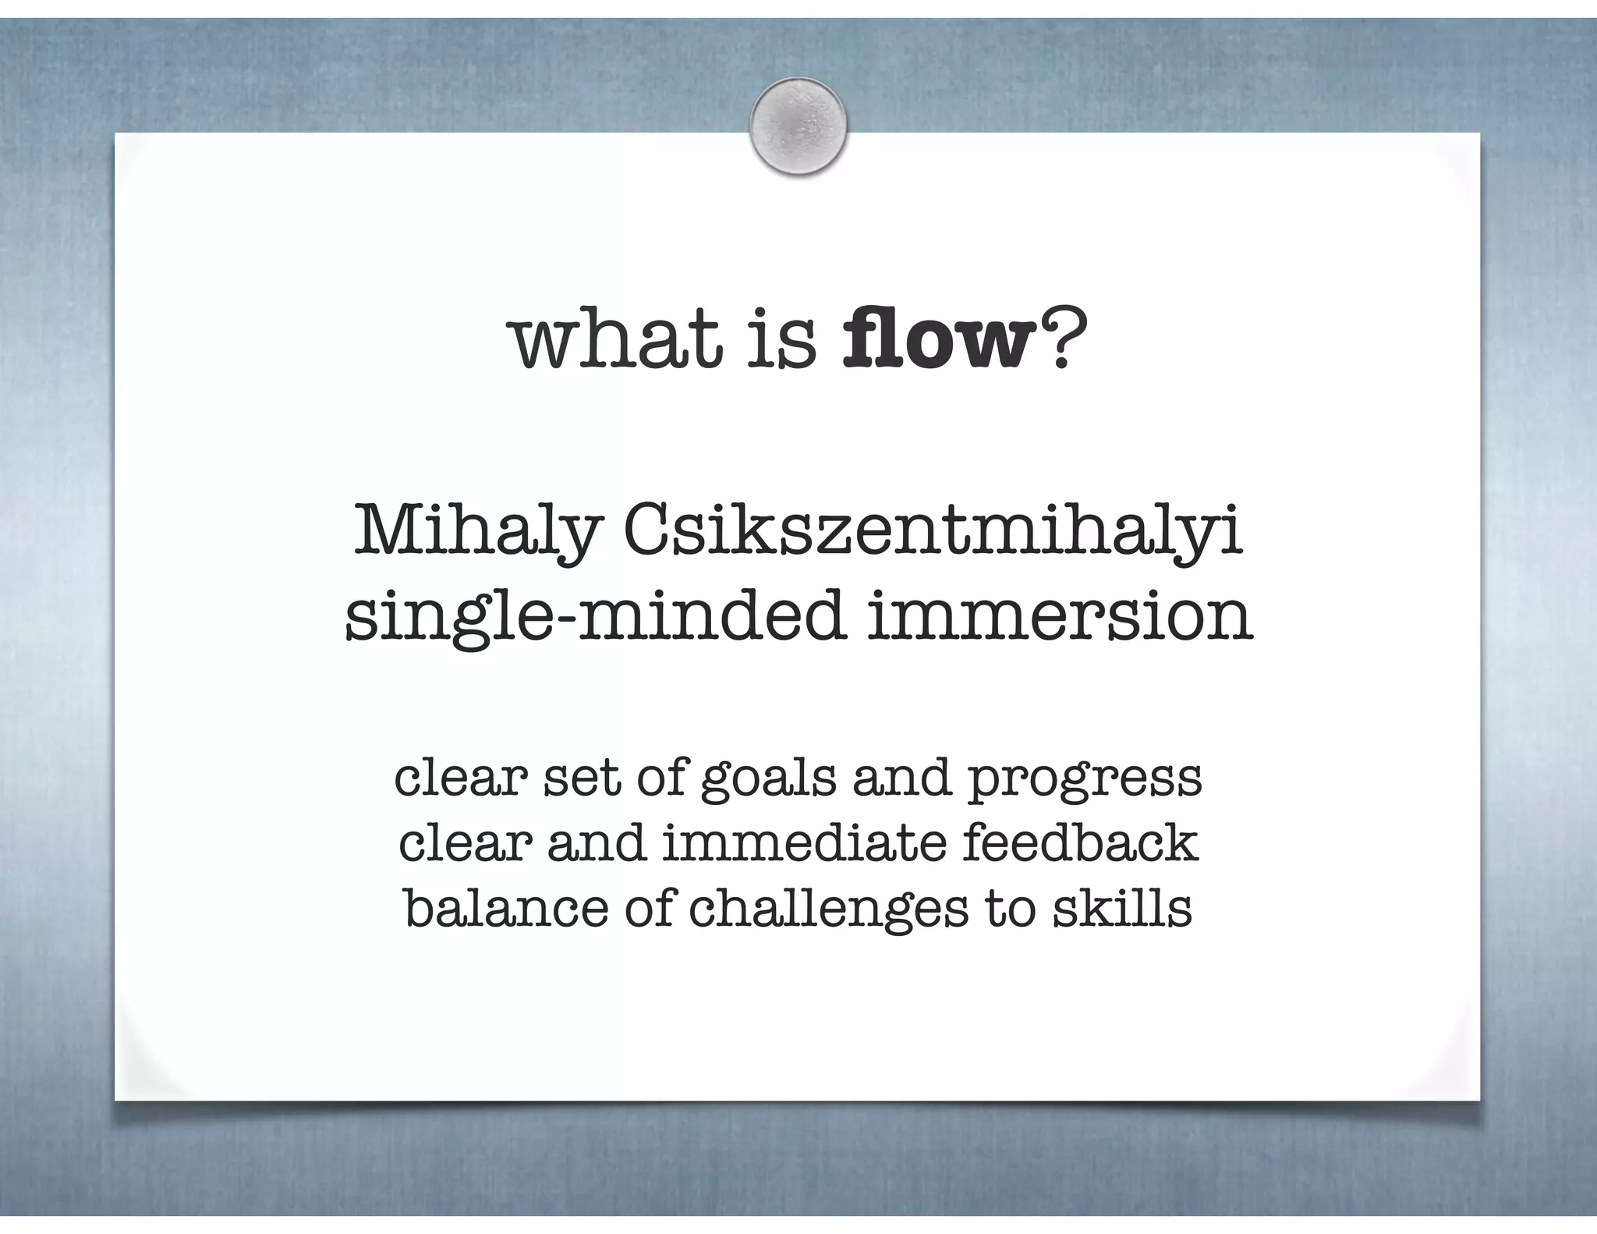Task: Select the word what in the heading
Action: pos(617,340)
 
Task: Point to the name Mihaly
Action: pos(478,534)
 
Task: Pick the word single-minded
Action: pos(595,616)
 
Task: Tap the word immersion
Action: pos(1059,616)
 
